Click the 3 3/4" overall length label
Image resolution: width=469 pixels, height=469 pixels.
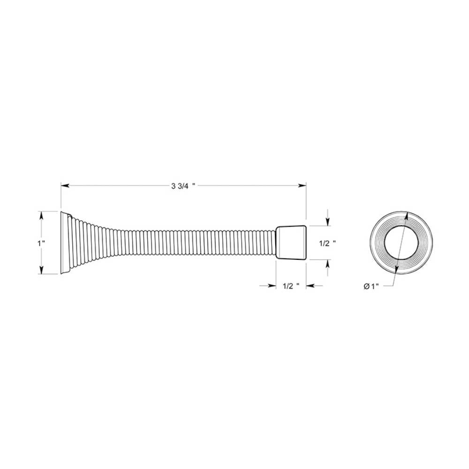click(x=183, y=186)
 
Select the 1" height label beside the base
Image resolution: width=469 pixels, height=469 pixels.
click(x=41, y=243)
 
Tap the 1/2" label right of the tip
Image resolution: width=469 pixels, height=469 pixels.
click(x=327, y=243)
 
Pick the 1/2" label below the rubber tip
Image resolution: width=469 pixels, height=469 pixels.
click(x=291, y=286)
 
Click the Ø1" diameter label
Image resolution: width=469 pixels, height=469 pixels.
click(x=371, y=287)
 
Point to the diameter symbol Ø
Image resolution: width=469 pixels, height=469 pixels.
click(x=367, y=287)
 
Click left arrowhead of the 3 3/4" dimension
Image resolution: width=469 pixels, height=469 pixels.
click(x=65, y=186)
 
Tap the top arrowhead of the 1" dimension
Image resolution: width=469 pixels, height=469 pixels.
click(x=41, y=216)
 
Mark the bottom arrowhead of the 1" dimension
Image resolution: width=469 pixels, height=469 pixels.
click(x=41, y=270)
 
